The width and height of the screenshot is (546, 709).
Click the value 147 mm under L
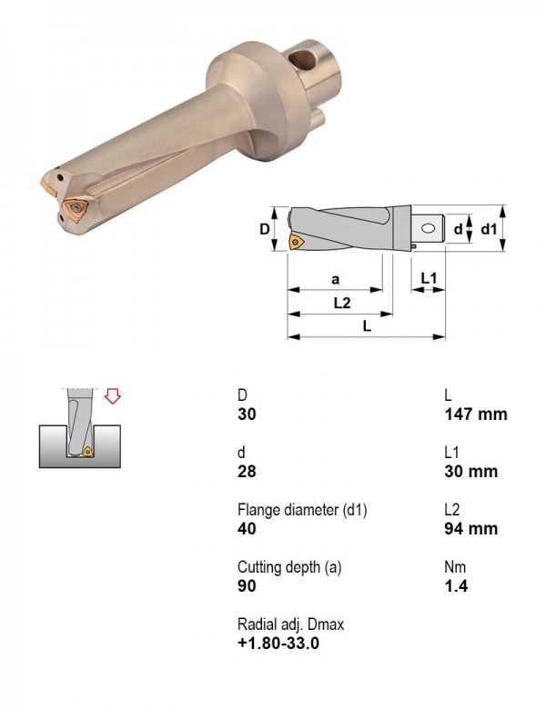(x=476, y=414)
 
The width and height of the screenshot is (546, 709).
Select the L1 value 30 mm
(x=470, y=471)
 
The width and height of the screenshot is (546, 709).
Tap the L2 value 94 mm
(x=470, y=528)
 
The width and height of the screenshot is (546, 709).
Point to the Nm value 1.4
(x=456, y=585)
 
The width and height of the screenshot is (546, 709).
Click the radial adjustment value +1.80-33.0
(x=278, y=643)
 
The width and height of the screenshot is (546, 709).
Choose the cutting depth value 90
(x=247, y=585)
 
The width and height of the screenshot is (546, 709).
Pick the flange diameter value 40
(x=247, y=528)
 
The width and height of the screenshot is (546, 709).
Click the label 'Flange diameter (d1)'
(x=302, y=510)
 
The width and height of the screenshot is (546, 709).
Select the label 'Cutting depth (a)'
(x=289, y=567)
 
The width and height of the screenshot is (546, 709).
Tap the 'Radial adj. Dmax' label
(x=290, y=624)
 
